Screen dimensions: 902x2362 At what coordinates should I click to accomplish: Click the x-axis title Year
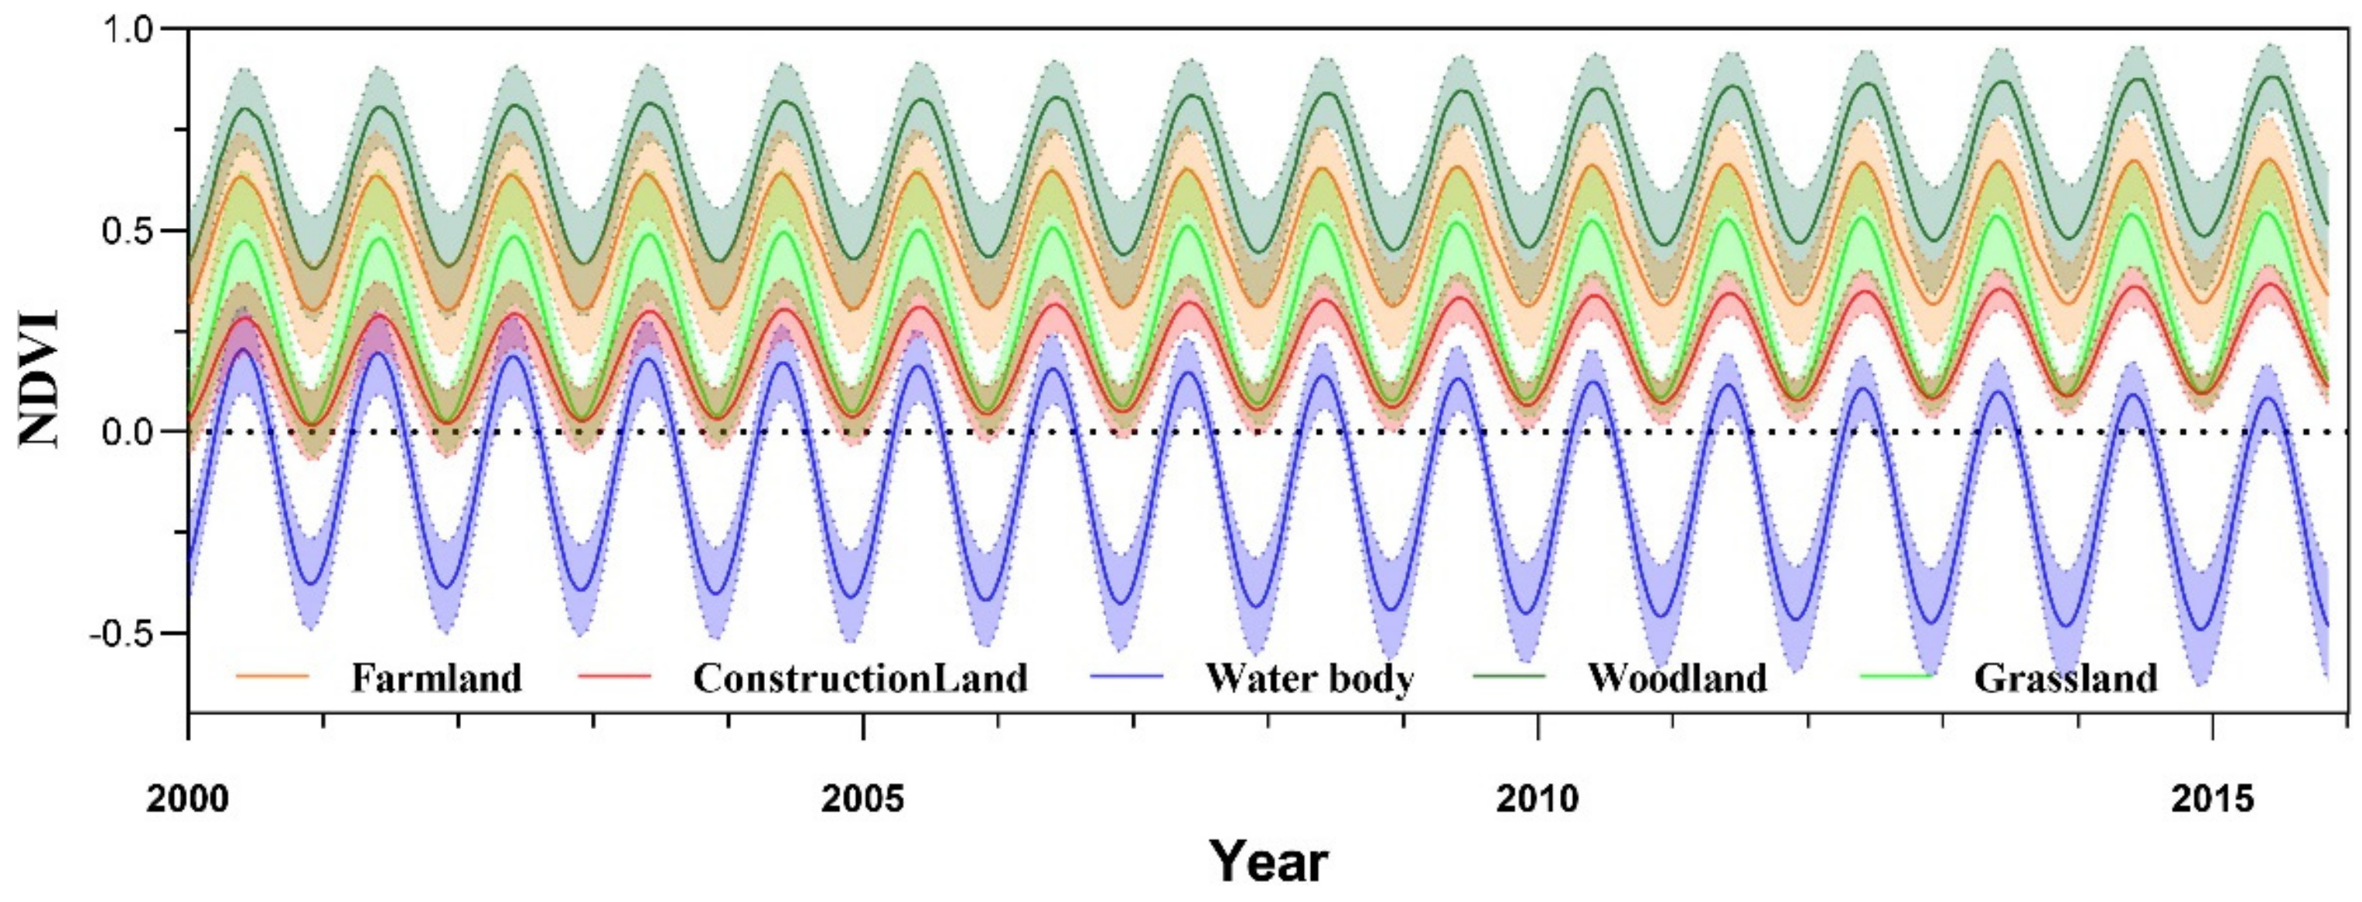(1268, 863)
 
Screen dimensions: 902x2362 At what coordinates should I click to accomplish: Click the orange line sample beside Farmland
(272, 676)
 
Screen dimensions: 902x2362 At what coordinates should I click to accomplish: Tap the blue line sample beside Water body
(1127, 676)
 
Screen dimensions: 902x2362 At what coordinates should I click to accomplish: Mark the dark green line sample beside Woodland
(1509, 676)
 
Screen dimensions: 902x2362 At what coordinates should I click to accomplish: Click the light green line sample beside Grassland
(1897, 676)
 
